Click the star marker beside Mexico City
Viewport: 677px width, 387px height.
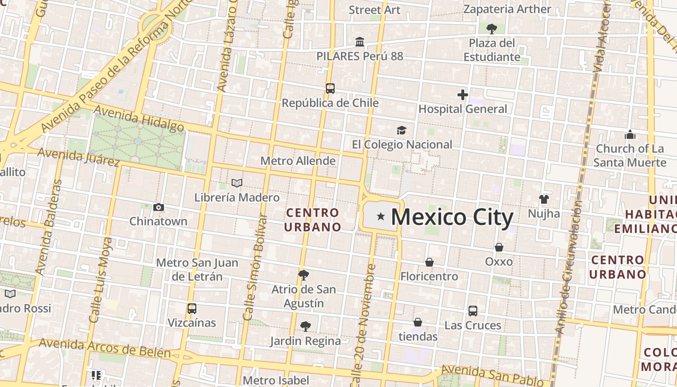coord(381,216)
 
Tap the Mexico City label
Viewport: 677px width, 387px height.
coord(452,217)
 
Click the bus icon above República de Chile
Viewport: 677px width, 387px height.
coord(330,89)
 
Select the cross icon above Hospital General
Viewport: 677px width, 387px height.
coord(463,95)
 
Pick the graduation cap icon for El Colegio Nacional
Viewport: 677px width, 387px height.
coord(401,130)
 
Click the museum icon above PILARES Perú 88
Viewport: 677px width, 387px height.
coord(360,42)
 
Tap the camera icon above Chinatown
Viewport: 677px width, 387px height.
coord(158,208)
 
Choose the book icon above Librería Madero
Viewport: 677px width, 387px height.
coord(237,183)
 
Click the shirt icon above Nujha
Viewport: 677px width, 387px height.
coord(544,199)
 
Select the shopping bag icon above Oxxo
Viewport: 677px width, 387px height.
coord(499,247)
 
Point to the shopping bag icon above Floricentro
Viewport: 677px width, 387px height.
coord(429,262)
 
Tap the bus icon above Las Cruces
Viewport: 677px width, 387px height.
coord(473,311)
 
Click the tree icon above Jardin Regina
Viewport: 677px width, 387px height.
coord(305,327)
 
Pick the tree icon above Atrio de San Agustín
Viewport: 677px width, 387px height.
coord(304,275)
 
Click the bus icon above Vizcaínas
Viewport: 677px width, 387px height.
coord(192,309)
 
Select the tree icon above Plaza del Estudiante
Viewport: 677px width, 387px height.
coord(492,29)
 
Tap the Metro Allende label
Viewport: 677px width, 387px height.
coord(298,161)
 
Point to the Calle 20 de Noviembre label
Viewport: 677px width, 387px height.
coord(363,324)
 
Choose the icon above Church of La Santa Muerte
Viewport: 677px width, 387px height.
coord(630,134)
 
